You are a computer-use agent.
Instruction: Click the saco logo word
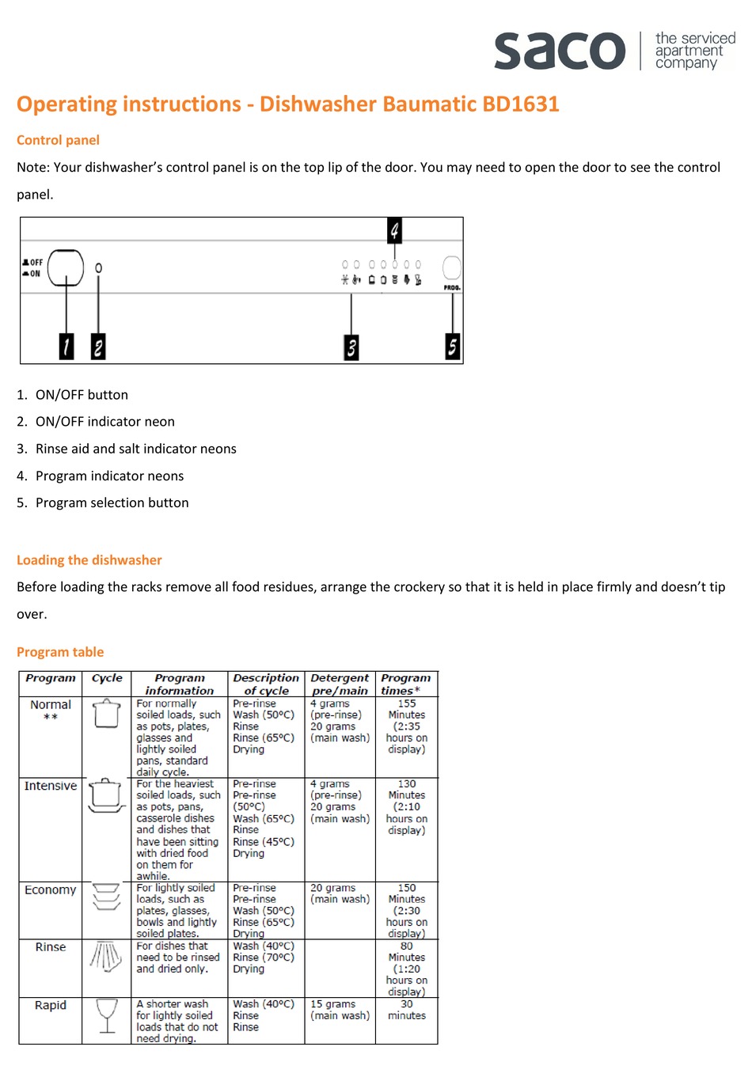[x=560, y=51]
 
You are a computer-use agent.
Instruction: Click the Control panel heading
[x=58, y=140]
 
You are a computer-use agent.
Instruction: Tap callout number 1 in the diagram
[x=66, y=346]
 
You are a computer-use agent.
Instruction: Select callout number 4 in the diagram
[x=394, y=230]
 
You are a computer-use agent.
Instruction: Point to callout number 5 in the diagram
[x=452, y=346]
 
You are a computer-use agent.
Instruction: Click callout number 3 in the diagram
[x=351, y=347]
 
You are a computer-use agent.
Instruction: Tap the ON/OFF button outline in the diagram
[x=66, y=267]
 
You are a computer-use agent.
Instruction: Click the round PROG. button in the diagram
[x=451, y=267]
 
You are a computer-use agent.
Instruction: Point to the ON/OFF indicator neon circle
[x=98, y=268]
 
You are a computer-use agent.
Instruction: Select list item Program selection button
[x=112, y=502]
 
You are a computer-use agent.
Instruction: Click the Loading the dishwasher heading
[x=89, y=560]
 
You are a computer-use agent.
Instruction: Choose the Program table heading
[x=60, y=652]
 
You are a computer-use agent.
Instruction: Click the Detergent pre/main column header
[x=340, y=684]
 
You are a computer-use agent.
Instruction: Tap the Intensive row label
[x=51, y=786]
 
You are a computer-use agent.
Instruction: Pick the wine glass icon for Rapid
[x=106, y=1015]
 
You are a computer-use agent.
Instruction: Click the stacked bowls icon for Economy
[x=106, y=897]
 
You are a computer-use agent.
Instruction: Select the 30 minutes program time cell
[x=406, y=1010]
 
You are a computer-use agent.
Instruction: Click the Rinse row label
[x=51, y=947]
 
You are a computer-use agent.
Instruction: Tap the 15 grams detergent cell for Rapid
[x=340, y=1010]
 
